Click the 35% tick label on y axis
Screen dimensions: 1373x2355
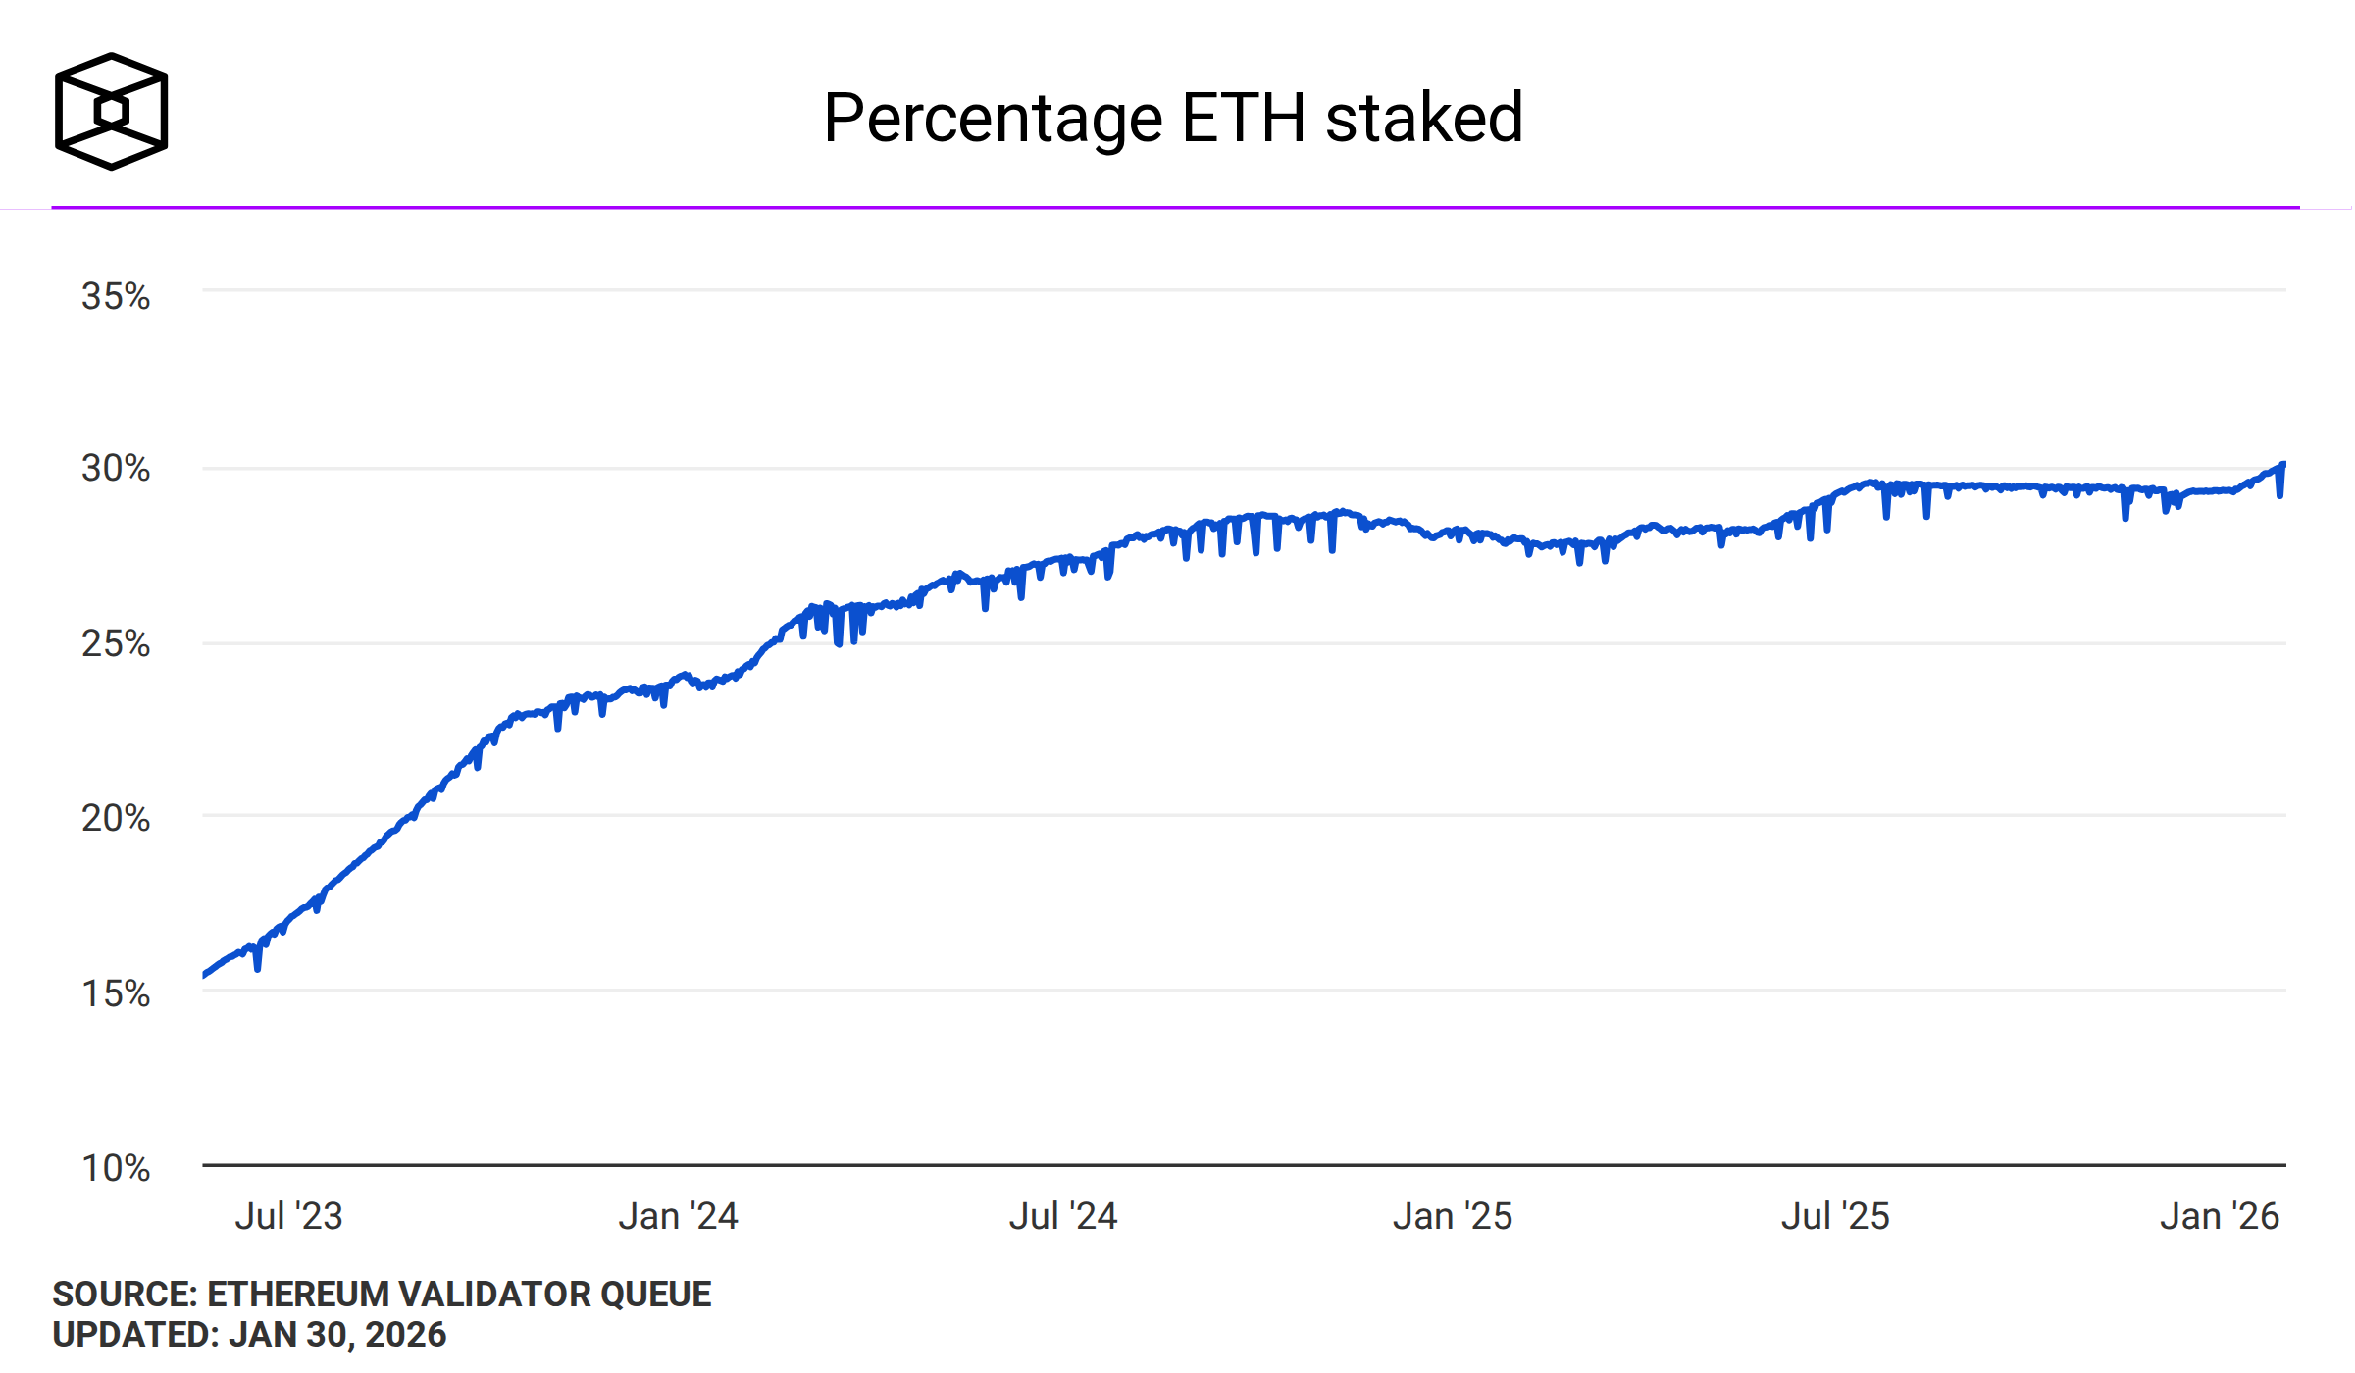(x=116, y=296)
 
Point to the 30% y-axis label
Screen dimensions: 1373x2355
(x=116, y=469)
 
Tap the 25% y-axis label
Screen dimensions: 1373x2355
(x=116, y=644)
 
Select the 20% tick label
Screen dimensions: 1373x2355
(x=116, y=818)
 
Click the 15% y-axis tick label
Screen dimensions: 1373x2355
(x=116, y=993)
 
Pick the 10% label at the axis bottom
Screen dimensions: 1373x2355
(x=116, y=1168)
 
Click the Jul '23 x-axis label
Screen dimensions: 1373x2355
(x=288, y=1216)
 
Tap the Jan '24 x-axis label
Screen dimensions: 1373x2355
(x=678, y=1216)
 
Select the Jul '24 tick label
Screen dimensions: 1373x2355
(x=1063, y=1216)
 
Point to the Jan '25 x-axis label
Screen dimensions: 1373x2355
(x=1453, y=1216)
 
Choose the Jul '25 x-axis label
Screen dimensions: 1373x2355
(x=1835, y=1216)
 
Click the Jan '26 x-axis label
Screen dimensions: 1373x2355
(x=2220, y=1216)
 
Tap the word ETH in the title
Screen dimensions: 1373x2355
(x=1244, y=118)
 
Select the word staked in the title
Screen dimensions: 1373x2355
(x=1424, y=118)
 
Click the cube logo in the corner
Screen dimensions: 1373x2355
(x=111, y=111)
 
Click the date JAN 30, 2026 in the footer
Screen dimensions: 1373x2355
(x=337, y=1335)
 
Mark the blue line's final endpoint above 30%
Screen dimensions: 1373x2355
(x=2283, y=464)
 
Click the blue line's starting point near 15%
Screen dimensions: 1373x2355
(x=204, y=975)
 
